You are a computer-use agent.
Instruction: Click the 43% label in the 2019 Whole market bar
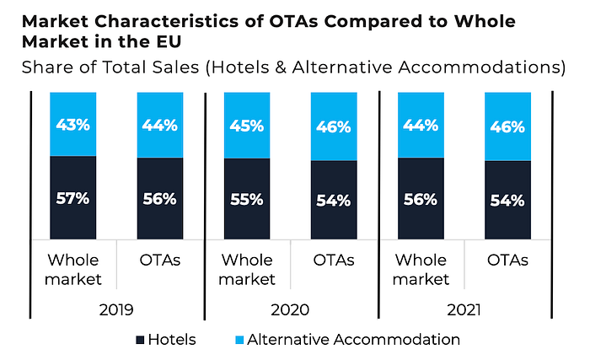[72, 125]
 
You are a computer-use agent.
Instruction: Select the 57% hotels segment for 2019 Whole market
[72, 199]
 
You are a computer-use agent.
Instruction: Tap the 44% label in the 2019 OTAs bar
[159, 126]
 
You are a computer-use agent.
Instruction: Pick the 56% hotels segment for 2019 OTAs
[159, 200]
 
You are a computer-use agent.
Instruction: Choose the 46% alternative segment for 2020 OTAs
[335, 127]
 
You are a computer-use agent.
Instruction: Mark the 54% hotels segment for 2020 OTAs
[335, 201]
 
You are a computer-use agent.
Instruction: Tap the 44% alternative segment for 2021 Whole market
[420, 126]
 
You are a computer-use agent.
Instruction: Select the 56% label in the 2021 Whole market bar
[420, 200]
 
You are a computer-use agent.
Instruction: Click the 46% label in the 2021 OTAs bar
[507, 127]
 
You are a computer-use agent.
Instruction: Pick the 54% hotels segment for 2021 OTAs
[507, 201]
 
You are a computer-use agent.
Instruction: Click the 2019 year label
[116, 309]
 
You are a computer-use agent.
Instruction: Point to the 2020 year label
[291, 309]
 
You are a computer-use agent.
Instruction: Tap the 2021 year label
[464, 309]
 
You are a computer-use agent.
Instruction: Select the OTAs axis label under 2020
[334, 260]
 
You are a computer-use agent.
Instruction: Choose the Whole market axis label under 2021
[421, 269]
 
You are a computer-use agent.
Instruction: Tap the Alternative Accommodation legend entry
[346, 340]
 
